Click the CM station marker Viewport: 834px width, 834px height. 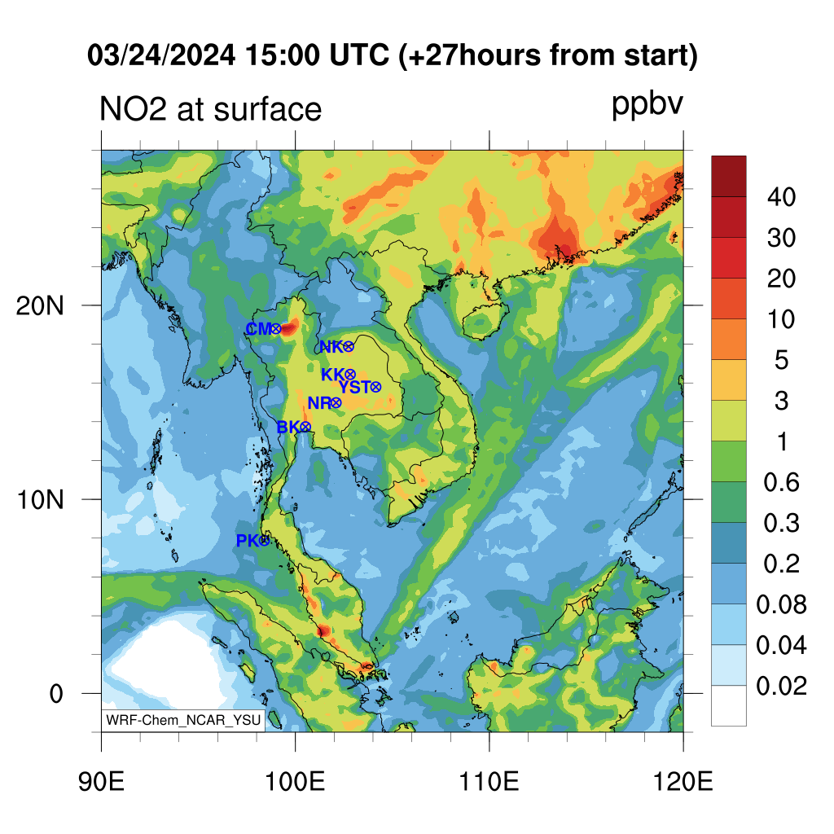[x=275, y=329]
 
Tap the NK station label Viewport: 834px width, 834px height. [x=331, y=347]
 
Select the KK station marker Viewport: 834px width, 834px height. [x=349, y=375]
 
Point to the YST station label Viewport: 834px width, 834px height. [x=354, y=387]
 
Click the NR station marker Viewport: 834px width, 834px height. [x=336, y=402]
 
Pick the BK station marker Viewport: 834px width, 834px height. [x=305, y=427]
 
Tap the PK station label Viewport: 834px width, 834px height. [x=247, y=541]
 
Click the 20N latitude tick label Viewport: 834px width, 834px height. [x=40, y=306]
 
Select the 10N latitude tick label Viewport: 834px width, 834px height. [x=40, y=500]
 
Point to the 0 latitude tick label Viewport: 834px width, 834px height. [x=56, y=694]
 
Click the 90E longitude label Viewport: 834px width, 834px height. [x=101, y=781]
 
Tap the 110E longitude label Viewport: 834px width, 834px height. [x=489, y=781]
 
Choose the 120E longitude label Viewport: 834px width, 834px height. [x=683, y=781]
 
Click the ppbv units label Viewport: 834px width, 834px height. [x=647, y=104]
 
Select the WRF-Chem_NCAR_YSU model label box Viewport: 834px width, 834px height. [x=183, y=720]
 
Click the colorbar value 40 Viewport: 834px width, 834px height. [x=781, y=197]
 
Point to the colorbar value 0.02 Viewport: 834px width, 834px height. [x=781, y=686]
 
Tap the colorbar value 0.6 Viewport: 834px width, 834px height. [x=781, y=482]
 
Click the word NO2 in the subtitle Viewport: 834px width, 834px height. [x=134, y=109]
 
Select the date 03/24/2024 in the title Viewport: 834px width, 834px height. [x=161, y=55]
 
